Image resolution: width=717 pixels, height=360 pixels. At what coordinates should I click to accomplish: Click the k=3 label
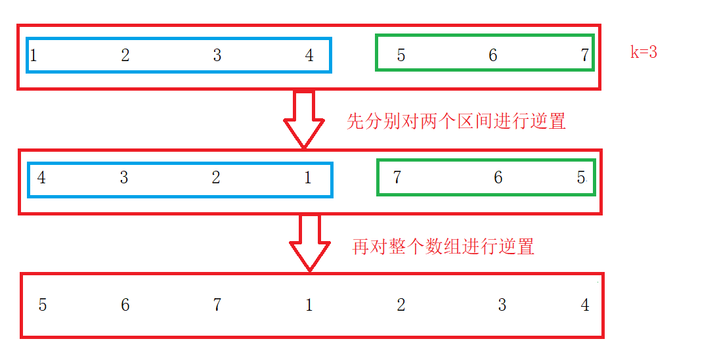click(643, 53)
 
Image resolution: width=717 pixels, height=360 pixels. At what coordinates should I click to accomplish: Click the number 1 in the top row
click(33, 56)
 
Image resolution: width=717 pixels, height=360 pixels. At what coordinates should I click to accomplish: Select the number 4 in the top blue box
click(309, 56)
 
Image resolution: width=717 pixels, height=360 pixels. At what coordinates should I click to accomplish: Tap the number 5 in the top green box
click(401, 56)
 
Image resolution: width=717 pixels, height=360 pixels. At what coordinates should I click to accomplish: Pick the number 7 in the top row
click(584, 56)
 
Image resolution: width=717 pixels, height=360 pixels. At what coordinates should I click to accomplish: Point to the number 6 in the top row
click(493, 56)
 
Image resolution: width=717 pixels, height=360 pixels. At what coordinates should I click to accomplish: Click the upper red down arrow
click(304, 118)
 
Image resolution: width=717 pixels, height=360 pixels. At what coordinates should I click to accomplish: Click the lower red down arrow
click(310, 242)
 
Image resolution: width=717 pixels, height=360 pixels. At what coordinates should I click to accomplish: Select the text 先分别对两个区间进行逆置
click(456, 122)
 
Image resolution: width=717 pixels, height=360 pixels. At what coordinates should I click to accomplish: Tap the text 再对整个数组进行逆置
click(443, 247)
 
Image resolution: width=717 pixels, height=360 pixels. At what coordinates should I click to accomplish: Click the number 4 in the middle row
click(41, 178)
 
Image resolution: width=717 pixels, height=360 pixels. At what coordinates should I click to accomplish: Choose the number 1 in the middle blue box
click(308, 178)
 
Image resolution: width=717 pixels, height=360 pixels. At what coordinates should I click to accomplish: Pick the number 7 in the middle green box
click(397, 178)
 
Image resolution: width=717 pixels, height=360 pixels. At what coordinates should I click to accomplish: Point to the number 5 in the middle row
click(581, 178)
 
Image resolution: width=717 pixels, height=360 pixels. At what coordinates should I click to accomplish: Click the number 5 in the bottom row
click(43, 305)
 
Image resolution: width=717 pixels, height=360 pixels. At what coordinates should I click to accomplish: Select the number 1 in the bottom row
click(309, 305)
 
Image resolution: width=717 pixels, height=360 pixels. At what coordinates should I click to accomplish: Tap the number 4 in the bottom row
click(585, 305)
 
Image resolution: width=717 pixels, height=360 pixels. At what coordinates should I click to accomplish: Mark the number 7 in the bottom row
click(217, 305)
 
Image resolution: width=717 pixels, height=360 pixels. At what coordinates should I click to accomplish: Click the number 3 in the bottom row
click(502, 305)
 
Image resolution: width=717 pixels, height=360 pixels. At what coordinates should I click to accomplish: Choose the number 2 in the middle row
click(216, 178)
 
